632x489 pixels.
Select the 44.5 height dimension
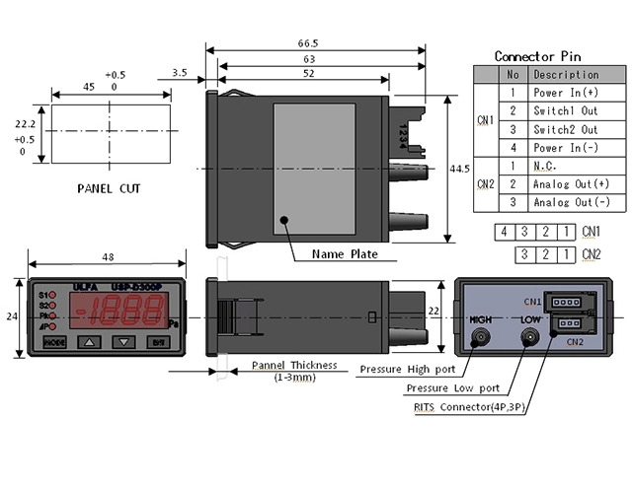click(459, 170)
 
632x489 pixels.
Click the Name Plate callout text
click(346, 253)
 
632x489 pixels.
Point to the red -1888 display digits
click(122, 313)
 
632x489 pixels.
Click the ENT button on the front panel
click(157, 342)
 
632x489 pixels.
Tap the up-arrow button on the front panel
click(91, 342)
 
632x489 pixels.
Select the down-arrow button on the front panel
click(123, 342)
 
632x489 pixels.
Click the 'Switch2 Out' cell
click(565, 129)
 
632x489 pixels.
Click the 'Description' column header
click(566, 74)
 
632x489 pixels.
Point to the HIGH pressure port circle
click(481, 337)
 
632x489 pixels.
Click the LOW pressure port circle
click(530, 337)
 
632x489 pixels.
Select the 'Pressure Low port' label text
click(458, 387)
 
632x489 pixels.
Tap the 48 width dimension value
click(107, 256)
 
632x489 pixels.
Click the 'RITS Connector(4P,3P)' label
click(468, 405)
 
